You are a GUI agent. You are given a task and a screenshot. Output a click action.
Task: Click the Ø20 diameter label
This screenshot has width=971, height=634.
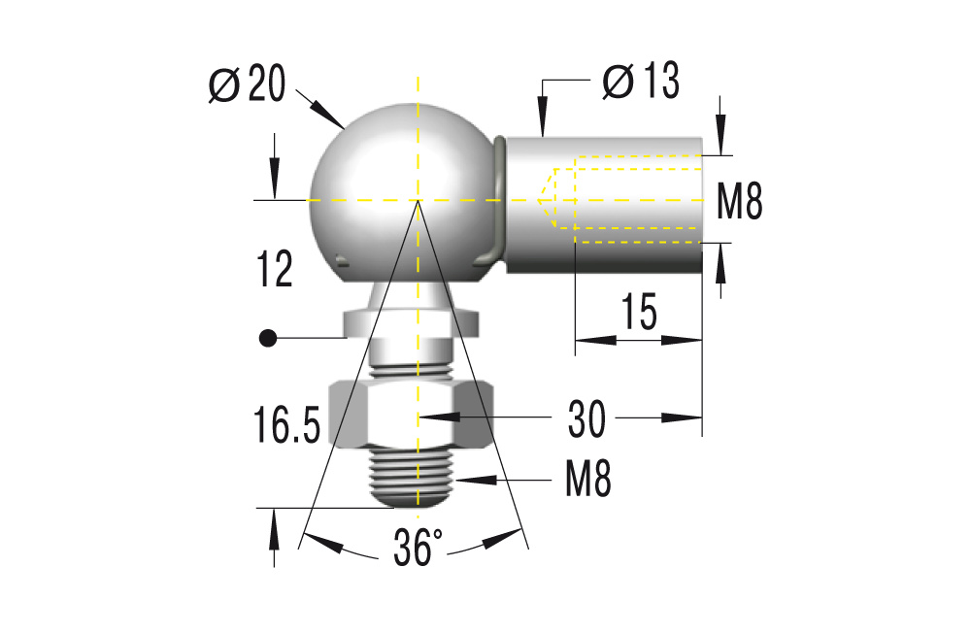pos(248,86)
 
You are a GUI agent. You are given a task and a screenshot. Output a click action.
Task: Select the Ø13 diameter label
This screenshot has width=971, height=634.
pos(640,82)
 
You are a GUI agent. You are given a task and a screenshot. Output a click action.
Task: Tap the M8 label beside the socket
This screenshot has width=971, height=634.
pos(739,203)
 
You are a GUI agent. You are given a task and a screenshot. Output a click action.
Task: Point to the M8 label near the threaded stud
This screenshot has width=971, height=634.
pos(588,479)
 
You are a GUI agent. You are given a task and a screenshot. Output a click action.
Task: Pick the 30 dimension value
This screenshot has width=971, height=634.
pos(586,419)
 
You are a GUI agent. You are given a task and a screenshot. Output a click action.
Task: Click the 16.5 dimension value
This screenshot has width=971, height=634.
pos(283,427)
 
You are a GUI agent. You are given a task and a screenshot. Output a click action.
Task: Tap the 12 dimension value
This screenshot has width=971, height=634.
pos(275,269)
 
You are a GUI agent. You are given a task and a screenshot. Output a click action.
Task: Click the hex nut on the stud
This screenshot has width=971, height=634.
pos(413,413)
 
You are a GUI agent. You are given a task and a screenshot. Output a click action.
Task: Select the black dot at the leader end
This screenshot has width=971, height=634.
pos(267,338)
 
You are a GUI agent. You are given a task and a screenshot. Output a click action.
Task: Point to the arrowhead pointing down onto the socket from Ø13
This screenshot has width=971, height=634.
pos(544,126)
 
